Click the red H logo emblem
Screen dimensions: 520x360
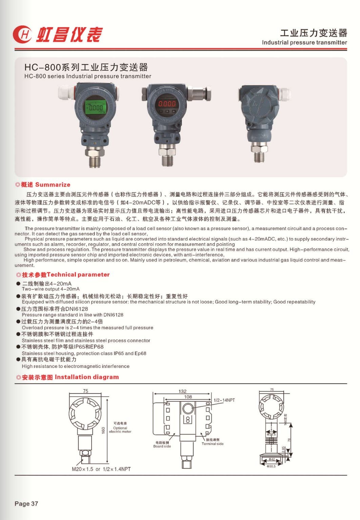pyautogui.click(x=22, y=35)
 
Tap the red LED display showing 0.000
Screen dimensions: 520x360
pyautogui.click(x=167, y=104)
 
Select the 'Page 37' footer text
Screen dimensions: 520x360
pyautogui.click(x=26, y=504)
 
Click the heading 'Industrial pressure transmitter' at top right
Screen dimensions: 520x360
pyautogui.click(x=304, y=42)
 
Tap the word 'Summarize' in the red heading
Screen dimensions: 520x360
pyautogui.click(x=53, y=185)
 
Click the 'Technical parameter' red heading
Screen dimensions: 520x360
pyautogui.click(x=78, y=274)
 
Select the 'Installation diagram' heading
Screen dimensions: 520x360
pyautogui.click(x=87, y=377)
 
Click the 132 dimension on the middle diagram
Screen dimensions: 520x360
pyautogui.click(x=182, y=391)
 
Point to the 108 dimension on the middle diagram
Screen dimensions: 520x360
pyautogui.click(x=188, y=397)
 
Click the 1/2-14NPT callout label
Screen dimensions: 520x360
pyautogui.click(x=224, y=400)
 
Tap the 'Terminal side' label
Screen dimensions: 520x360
pyautogui.click(x=213, y=444)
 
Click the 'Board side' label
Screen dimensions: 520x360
pyautogui.click(x=162, y=446)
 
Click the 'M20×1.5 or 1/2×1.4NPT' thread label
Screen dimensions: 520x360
pyautogui.click(x=101, y=469)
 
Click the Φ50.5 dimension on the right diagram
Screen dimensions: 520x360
pyautogui.click(x=271, y=466)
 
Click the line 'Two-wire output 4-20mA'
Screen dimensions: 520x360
pyautogui.click(x=51, y=289)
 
